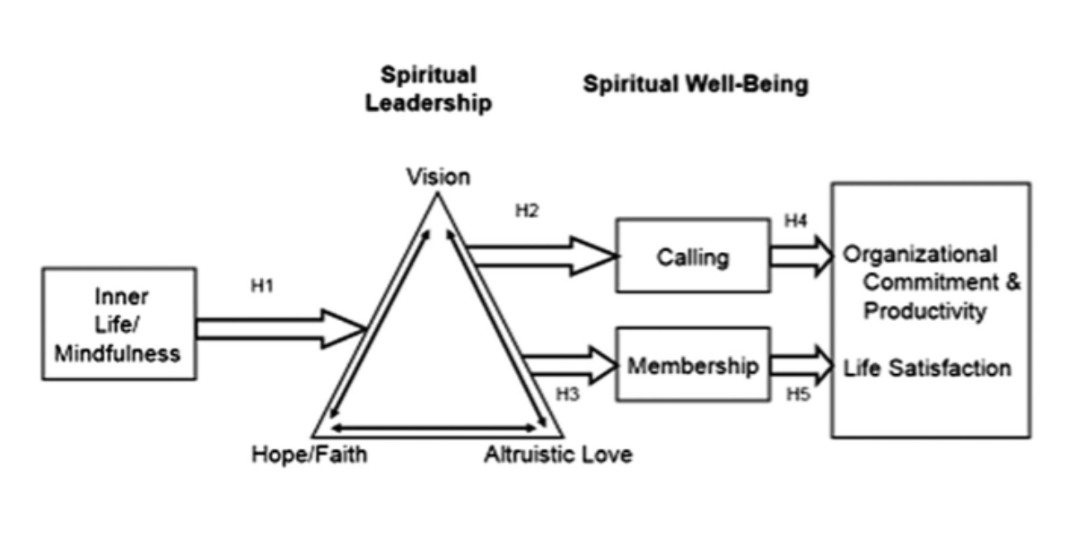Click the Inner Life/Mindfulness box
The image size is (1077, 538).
coord(119,324)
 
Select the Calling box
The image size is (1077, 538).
coord(692,256)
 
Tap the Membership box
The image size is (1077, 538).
coord(692,366)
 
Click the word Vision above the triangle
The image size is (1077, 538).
coord(437,176)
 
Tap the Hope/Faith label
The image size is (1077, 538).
coord(309,455)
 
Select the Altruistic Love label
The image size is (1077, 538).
coord(557,455)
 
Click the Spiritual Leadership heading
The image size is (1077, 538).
coord(428,89)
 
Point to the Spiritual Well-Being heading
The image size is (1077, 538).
coord(696,85)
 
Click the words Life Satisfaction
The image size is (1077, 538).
coord(927,368)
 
